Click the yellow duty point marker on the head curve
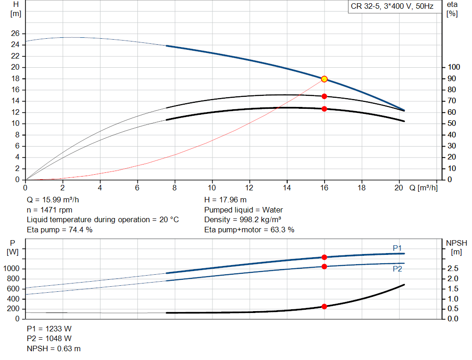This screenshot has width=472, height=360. pyautogui.click(x=324, y=79)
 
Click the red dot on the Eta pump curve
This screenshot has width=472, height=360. pyautogui.click(x=324, y=96)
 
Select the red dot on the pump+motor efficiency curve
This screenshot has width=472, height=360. pyautogui.click(x=324, y=109)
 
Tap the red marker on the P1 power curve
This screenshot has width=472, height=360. pyautogui.click(x=324, y=257)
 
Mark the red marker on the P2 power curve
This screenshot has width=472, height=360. pyautogui.click(x=324, y=266)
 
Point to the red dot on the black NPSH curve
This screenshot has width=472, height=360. pyautogui.click(x=324, y=307)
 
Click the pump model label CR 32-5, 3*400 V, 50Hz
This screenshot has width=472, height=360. pyautogui.click(x=392, y=7)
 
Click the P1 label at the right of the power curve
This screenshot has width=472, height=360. pyautogui.click(x=397, y=248)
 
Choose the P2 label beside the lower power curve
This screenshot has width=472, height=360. pyautogui.click(x=397, y=269)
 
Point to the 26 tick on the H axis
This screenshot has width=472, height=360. pyautogui.click(x=15, y=34)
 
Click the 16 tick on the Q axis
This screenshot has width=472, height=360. pyautogui.click(x=324, y=188)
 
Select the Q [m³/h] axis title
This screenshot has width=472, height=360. pyautogui.click(x=423, y=188)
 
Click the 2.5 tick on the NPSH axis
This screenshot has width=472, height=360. pyautogui.click(x=453, y=269)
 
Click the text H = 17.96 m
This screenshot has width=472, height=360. pyautogui.click(x=225, y=200)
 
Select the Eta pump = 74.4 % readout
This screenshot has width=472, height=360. pyautogui.click(x=60, y=230)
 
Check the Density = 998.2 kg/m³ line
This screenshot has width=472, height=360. pyautogui.click(x=243, y=220)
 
